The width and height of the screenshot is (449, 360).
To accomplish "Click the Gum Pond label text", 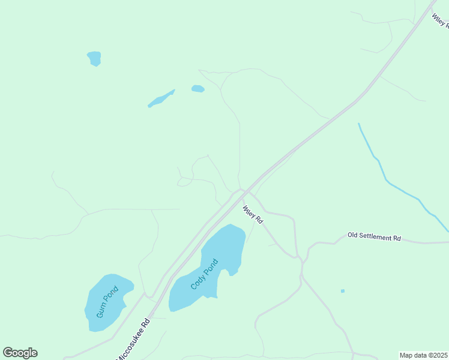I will pos(108,302).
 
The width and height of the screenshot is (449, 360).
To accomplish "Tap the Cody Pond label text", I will pos(204,274).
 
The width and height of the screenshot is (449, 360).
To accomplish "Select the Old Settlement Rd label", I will pos(374,237).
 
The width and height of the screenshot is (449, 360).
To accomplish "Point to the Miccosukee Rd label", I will pos(134,339).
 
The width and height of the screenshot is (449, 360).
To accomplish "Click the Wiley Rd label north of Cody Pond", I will pos(253,215).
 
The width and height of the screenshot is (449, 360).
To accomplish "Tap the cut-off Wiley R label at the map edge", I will pos(440,20).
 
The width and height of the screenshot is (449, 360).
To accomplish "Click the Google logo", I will pos(20,353).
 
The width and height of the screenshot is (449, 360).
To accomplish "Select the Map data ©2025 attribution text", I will pos(424,355).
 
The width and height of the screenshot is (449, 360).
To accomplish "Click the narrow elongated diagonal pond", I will pos(161,99).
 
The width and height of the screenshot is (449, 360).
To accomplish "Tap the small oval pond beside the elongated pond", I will pos(197,89).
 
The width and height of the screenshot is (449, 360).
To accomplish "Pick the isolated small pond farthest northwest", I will pos(94,58).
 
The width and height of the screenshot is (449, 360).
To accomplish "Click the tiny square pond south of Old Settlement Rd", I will pos(343,291).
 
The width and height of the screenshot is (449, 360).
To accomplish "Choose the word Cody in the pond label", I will pos(197,281).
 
